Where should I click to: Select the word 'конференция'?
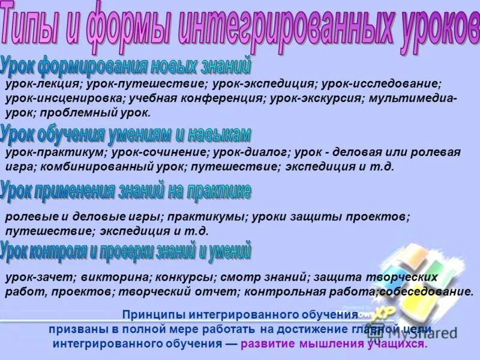coord(224,98)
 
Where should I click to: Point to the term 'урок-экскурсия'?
coord(315,98)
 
